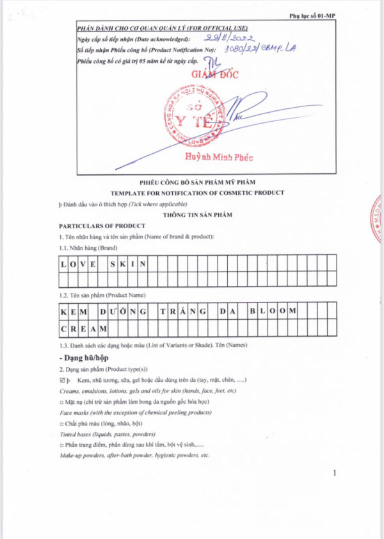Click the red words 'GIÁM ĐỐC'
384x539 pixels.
pos(215,75)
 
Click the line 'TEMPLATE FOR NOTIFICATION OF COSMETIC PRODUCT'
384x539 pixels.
pos(197,193)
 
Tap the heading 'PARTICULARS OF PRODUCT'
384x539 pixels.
pos(102,226)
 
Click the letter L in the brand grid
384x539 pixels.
pos(64,263)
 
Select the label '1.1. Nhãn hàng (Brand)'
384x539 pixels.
pos(88,247)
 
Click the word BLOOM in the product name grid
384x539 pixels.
pos(273,311)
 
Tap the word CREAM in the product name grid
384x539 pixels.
pos(83,328)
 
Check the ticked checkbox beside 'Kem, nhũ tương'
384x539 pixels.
pos(62,381)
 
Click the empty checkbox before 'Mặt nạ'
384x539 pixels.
pos(61,401)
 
